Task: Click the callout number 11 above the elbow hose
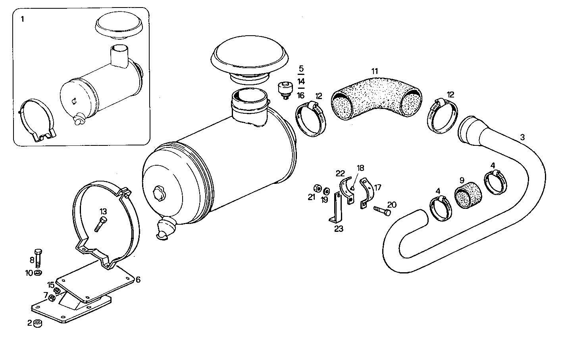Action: tap(375, 71)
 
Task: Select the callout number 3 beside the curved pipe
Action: tap(522, 138)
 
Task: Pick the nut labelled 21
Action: tap(317, 187)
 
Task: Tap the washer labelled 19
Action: tap(326, 190)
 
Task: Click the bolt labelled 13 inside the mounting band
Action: tap(100, 224)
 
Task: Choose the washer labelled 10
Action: tap(38, 273)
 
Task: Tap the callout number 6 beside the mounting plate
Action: tap(138, 279)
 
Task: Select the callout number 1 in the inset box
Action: tap(22, 19)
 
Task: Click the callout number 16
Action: tap(300, 96)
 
